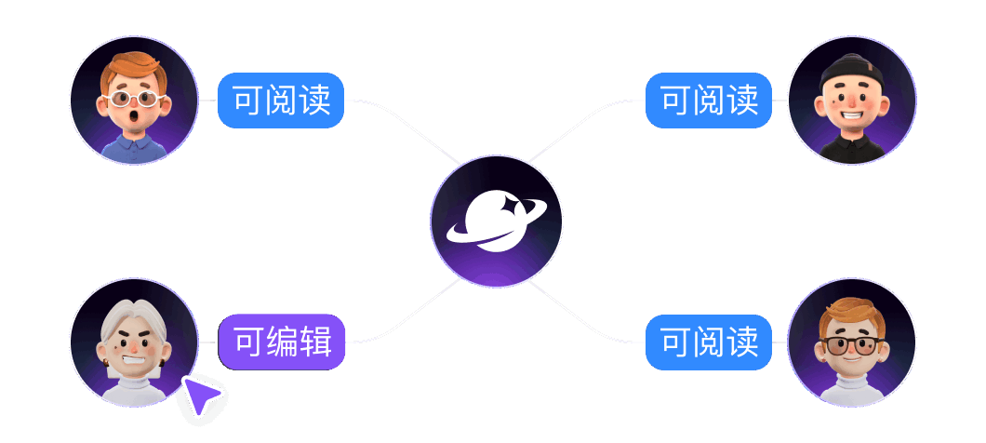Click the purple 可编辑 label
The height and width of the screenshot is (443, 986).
tap(282, 342)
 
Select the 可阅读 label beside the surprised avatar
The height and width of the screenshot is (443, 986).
tap(281, 101)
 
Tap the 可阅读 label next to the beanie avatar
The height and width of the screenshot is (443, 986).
tap(709, 101)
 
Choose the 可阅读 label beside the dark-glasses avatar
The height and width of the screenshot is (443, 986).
tap(709, 342)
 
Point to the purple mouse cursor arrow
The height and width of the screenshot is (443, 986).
tap(200, 396)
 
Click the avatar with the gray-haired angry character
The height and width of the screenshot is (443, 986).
tap(134, 342)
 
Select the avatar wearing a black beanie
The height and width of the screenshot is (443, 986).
tap(852, 101)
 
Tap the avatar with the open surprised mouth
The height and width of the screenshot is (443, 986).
tap(134, 101)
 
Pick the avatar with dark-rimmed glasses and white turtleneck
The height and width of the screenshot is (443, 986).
tap(852, 342)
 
